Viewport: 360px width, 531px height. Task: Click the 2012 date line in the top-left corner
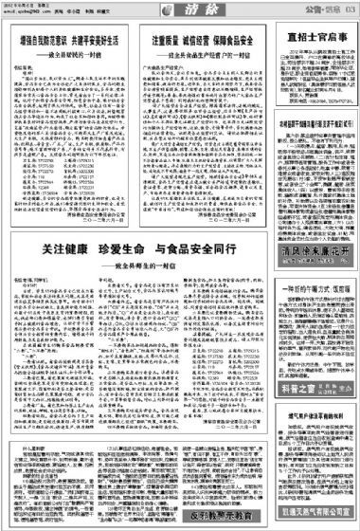point(28,5)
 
